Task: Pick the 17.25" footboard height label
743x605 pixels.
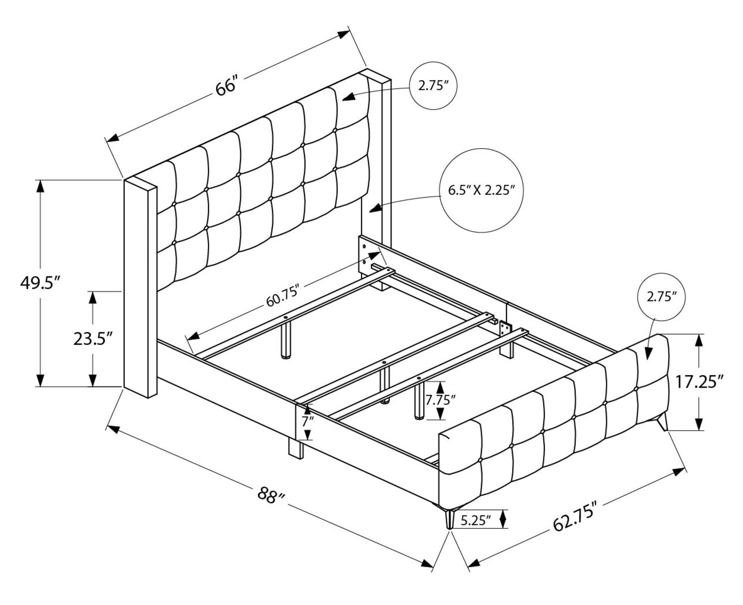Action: [x=714, y=382]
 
